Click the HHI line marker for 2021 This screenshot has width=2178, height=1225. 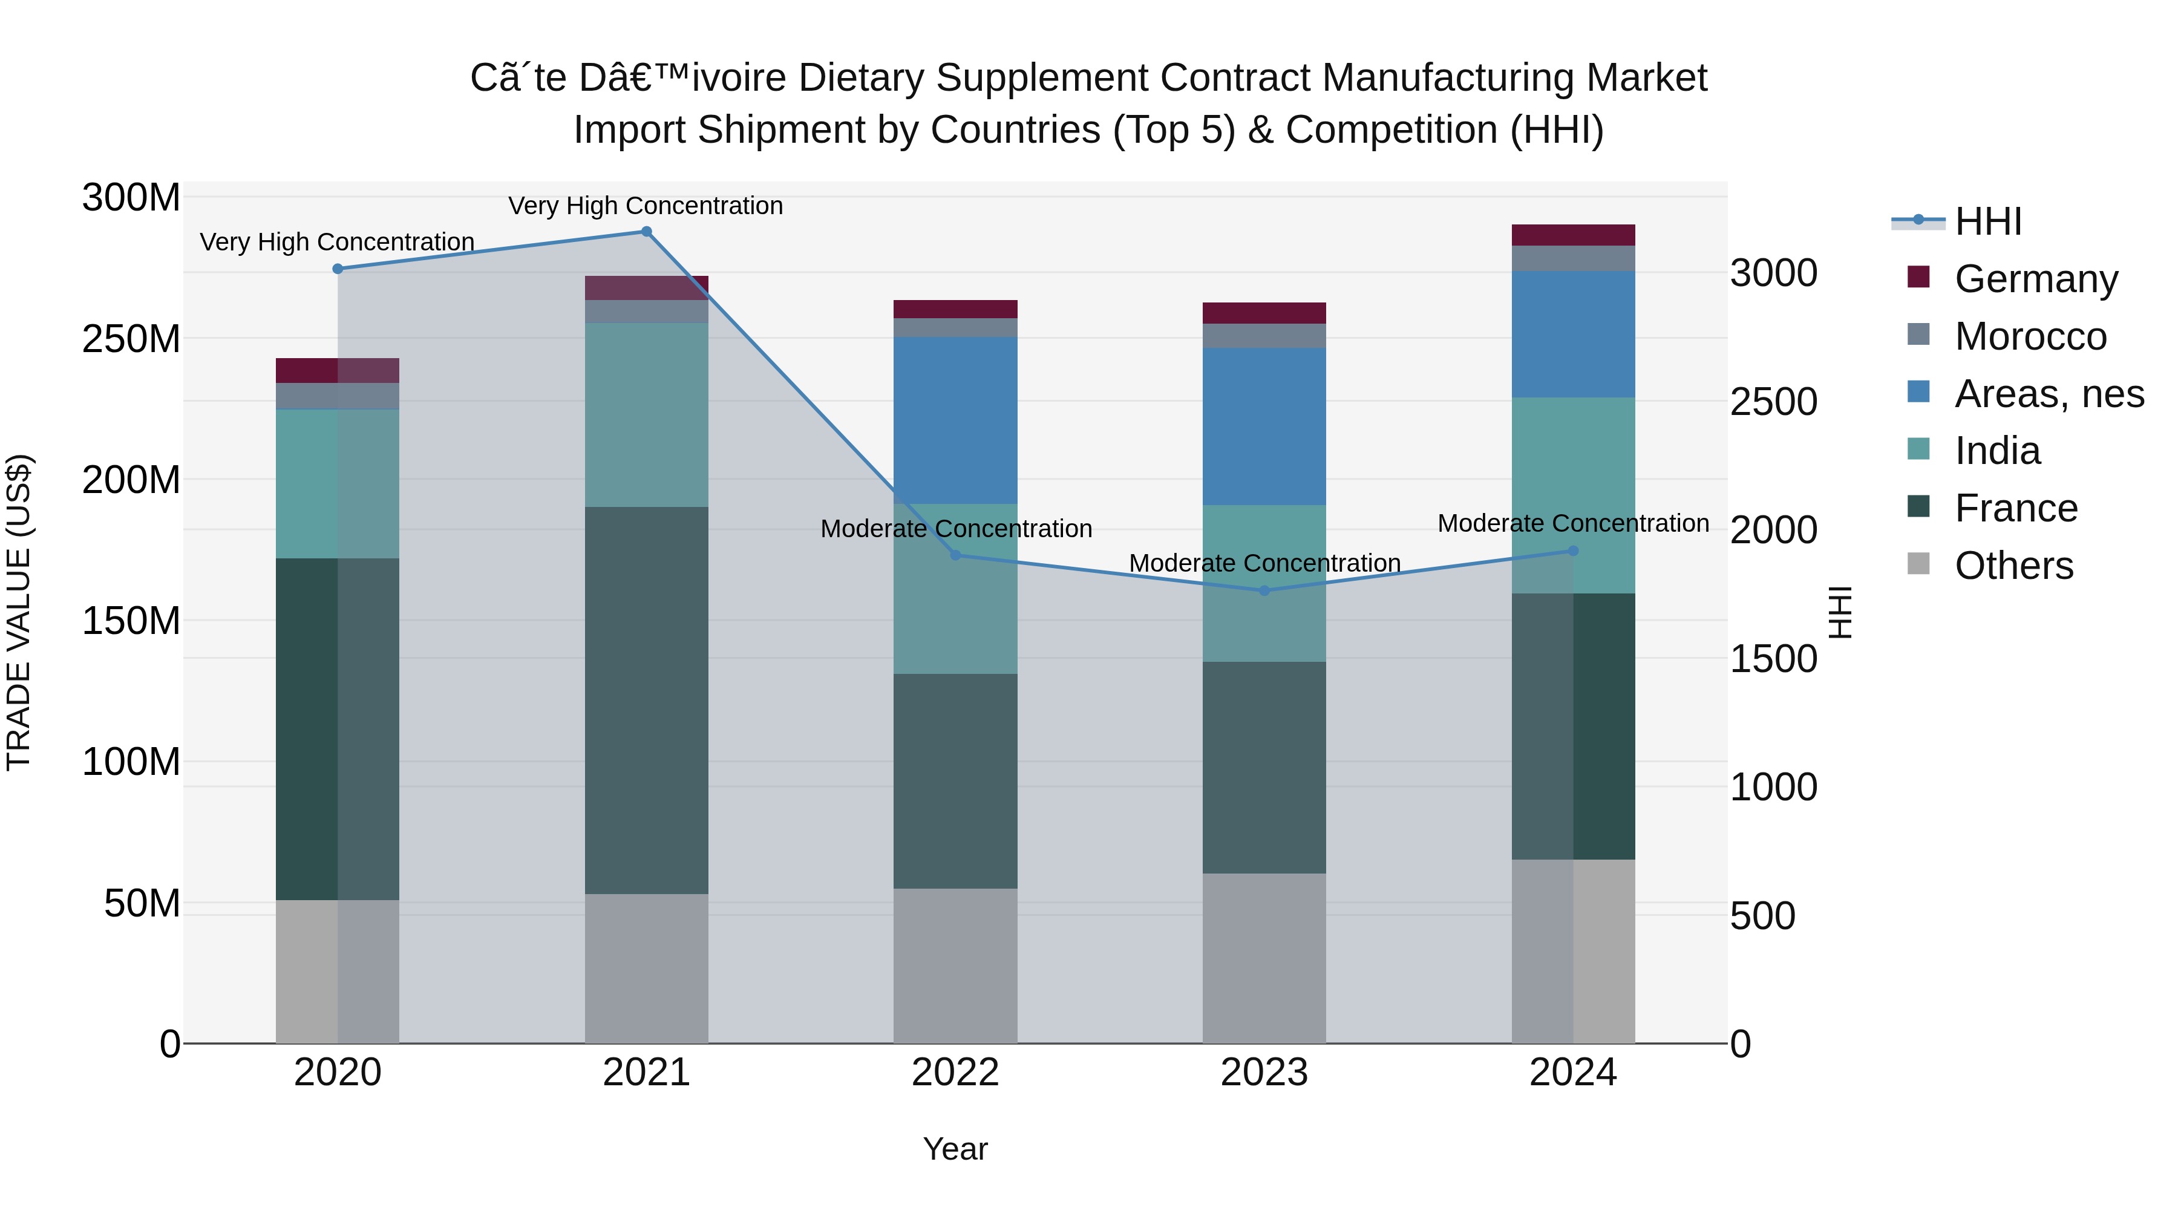click(646, 232)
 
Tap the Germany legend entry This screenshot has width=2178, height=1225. click(2036, 279)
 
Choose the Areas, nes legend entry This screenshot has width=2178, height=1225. click(2049, 394)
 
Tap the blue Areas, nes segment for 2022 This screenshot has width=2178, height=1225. click(955, 420)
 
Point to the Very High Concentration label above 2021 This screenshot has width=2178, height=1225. click(646, 206)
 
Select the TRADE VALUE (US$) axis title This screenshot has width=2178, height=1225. click(19, 612)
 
